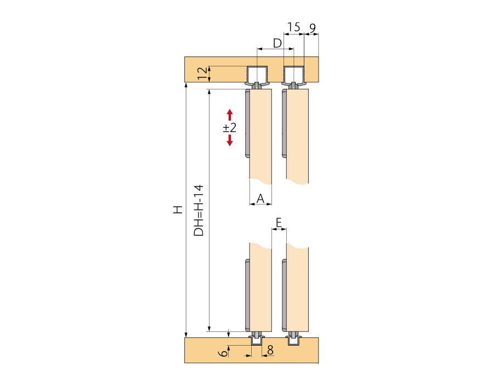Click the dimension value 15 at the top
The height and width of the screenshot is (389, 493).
pos(293,27)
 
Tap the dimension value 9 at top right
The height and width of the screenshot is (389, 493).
pos(312,27)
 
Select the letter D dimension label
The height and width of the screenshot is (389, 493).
pos(277,42)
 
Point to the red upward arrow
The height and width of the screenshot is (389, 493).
pos(230,115)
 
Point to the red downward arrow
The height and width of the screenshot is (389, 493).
pos(230,140)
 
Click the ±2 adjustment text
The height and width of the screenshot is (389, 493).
pos(229,128)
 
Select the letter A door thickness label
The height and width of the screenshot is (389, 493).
pos(261,198)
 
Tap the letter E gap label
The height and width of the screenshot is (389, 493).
pos(279,222)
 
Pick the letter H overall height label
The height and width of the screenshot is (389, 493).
pos(177,210)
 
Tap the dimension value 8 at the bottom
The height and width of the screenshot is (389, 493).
pos(270,349)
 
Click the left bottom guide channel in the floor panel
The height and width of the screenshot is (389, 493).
pos(257,341)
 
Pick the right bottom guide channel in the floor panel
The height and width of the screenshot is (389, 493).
pos(294,341)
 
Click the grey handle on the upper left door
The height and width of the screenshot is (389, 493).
pos(247,125)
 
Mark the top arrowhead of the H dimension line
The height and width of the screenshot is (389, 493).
pos(186,87)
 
